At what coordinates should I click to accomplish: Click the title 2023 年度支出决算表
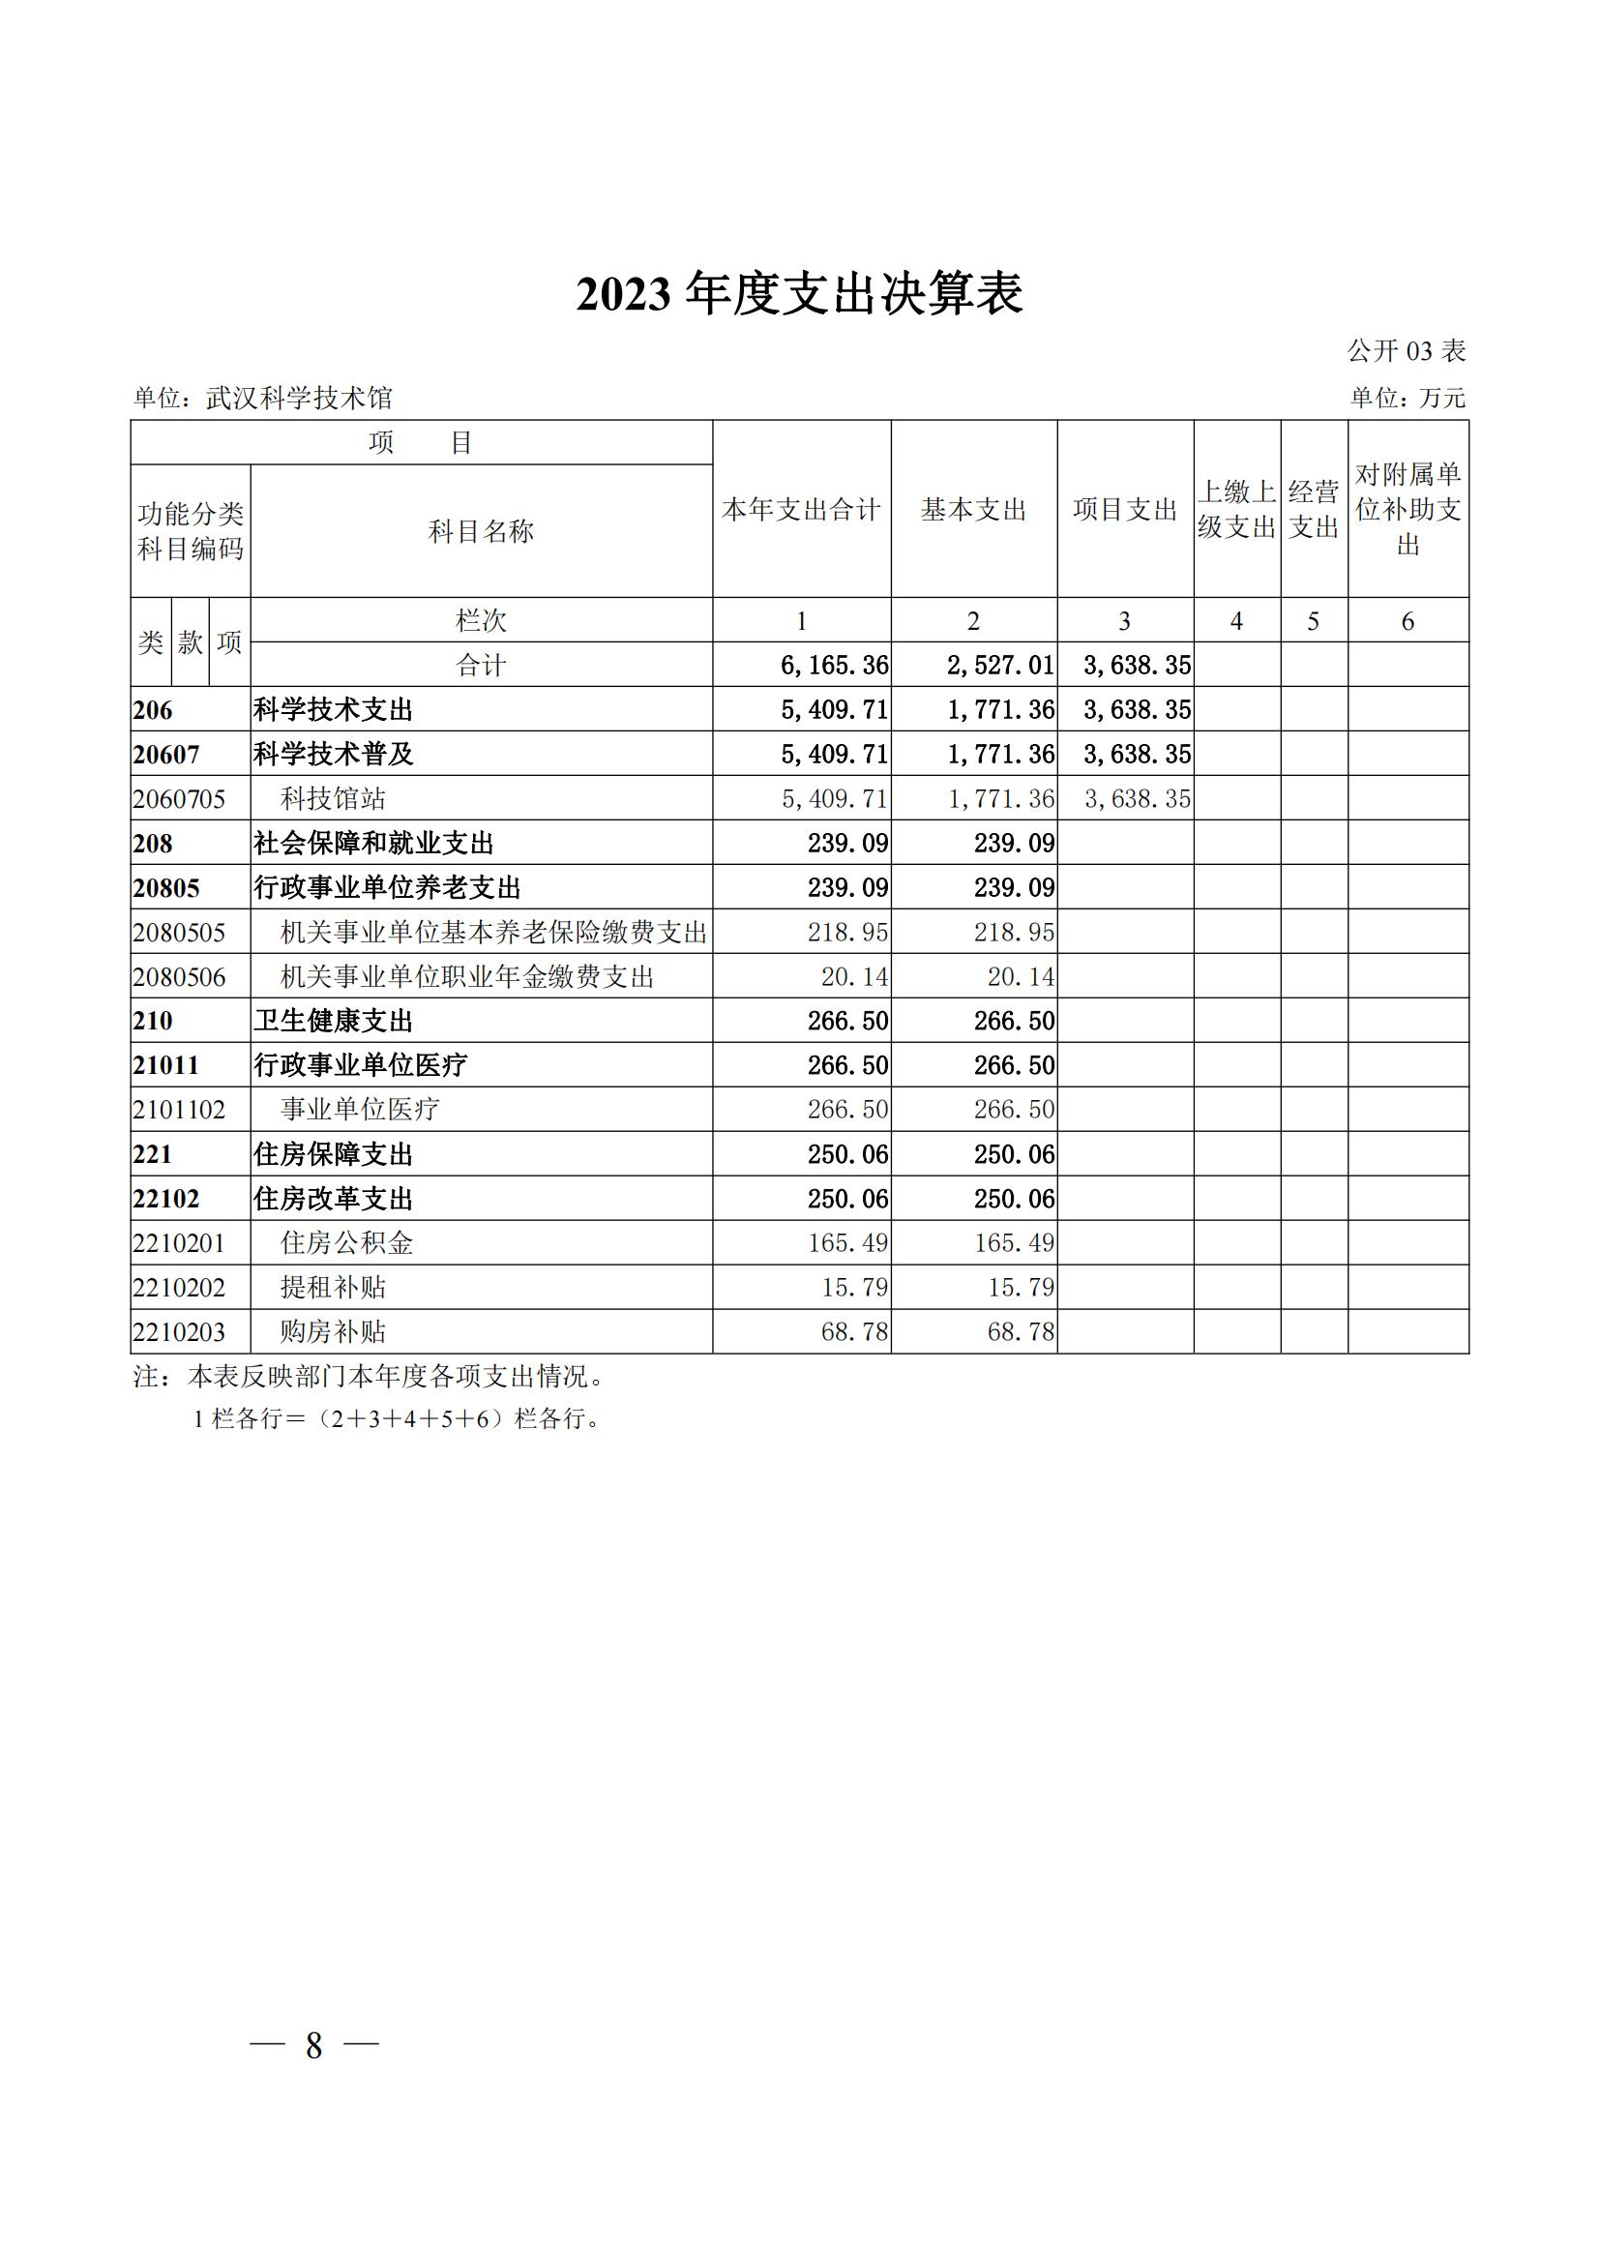pyautogui.click(x=799, y=294)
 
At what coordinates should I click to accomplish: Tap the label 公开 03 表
pyautogui.click(x=1406, y=351)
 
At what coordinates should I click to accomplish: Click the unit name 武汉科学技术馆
pyautogui.click(x=299, y=399)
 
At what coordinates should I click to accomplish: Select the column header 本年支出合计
pyautogui.click(x=801, y=510)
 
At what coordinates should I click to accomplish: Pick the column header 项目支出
pyautogui.click(x=1125, y=510)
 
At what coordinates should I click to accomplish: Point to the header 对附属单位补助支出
pyautogui.click(x=1407, y=510)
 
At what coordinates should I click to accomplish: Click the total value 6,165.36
pyautogui.click(x=835, y=666)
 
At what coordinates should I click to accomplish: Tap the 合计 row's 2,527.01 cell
pyautogui.click(x=1001, y=666)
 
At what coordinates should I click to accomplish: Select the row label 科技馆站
pyautogui.click(x=333, y=798)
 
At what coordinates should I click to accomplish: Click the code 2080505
pyautogui.click(x=179, y=933)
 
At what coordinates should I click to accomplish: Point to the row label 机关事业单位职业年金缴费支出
pyautogui.click(x=468, y=977)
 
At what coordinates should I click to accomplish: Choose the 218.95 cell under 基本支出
pyautogui.click(x=1014, y=933)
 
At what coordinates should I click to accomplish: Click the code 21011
pyautogui.click(x=166, y=1065)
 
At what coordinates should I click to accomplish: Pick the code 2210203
pyautogui.click(x=179, y=1332)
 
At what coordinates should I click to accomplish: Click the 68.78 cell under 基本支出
pyautogui.click(x=1021, y=1332)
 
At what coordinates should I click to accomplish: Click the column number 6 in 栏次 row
pyautogui.click(x=1407, y=621)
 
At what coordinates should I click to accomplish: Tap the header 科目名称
pyautogui.click(x=481, y=531)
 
